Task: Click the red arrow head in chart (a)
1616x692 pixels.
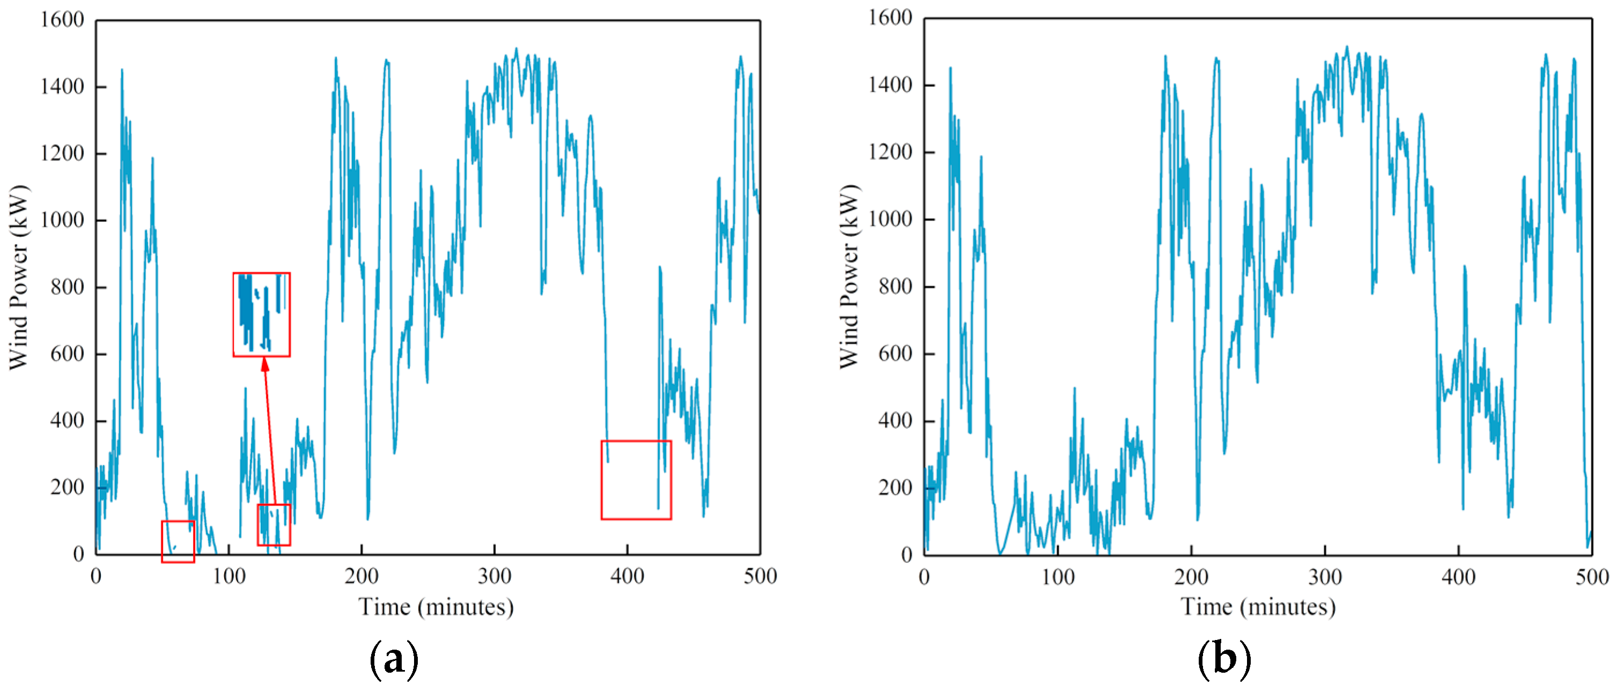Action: click(265, 364)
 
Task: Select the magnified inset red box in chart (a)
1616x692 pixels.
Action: click(261, 314)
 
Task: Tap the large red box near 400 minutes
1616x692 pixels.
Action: click(636, 480)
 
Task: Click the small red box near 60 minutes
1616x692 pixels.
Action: click(178, 541)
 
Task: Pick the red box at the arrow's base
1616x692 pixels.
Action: click(274, 525)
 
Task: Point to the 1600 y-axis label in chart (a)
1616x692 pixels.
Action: click(62, 20)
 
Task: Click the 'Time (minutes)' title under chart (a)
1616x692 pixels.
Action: click(436, 607)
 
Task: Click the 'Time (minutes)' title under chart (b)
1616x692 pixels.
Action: click(1258, 607)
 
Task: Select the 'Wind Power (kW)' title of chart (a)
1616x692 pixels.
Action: click(19, 277)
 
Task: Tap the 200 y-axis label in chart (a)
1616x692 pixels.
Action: click(67, 487)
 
